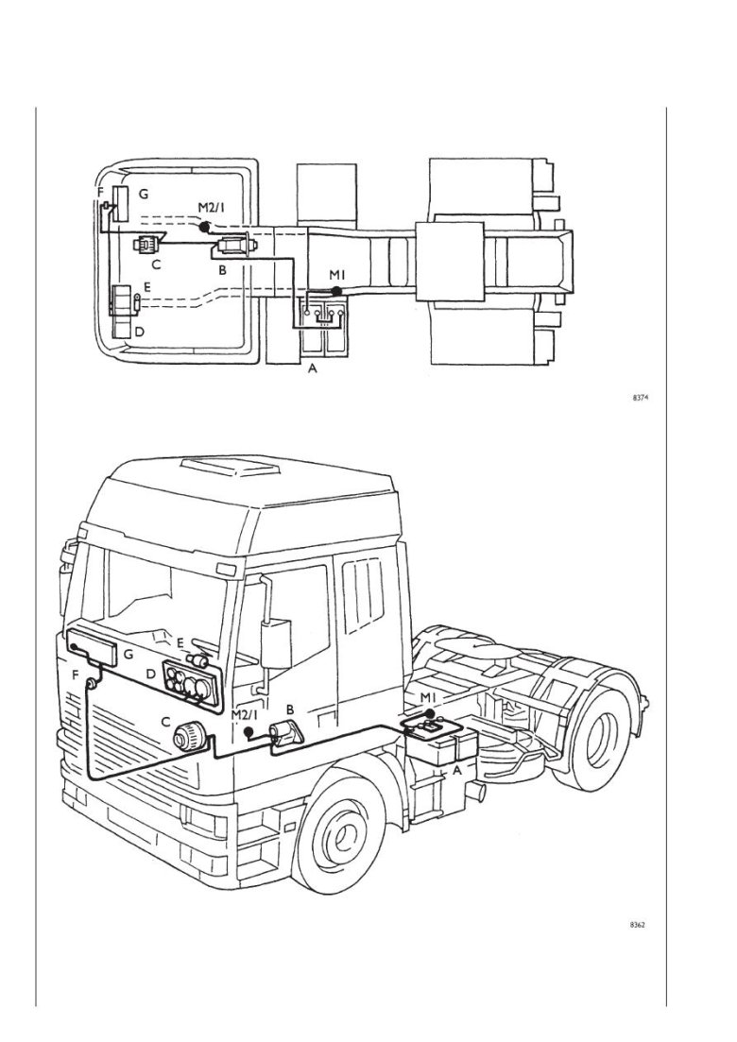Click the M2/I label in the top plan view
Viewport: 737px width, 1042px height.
click(212, 208)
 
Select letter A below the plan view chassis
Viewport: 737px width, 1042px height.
click(314, 371)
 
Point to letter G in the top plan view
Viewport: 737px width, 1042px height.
click(144, 194)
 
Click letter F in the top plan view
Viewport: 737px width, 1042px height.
click(100, 193)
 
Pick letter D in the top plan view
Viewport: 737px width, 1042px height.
click(140, 332)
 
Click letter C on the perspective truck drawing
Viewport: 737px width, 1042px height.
click(165, 723)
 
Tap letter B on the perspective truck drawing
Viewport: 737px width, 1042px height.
click(291, 708)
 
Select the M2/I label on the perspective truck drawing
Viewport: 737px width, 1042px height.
click(244, 715)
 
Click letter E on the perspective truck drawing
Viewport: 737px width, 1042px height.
click(180, 643)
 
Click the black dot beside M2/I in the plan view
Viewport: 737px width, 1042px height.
click(204, 228)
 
